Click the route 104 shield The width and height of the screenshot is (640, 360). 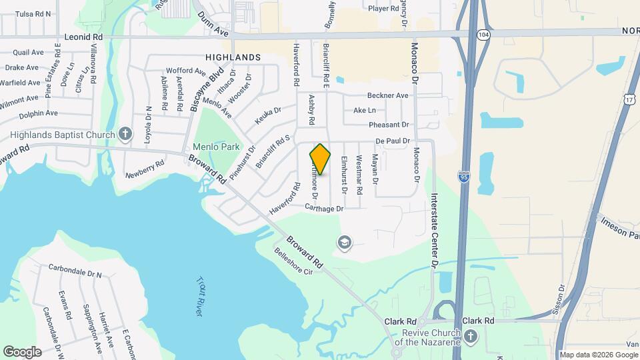pyautogui.click(x=483, y=33)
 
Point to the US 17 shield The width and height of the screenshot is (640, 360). pyautogui.click(x=629, y=99)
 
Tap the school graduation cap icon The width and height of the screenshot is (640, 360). pyautogui.click(x=345, y=241)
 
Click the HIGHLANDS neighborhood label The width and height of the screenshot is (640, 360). pyautogui.click(x=233, y=57)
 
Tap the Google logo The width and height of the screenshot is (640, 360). pyautogui.click(x=22, y=351)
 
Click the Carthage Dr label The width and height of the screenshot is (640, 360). pyautogui.click(x=324, y=209)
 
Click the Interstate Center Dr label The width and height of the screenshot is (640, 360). pyautogui.click(x=434, y=231)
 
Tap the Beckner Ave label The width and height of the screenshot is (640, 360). pyautogui.click(x=387, y=95)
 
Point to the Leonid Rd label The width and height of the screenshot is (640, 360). pyautogui.click(x=83, y=37)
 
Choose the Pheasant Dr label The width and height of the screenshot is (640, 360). pyautogui.click(x=388, y=125)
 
